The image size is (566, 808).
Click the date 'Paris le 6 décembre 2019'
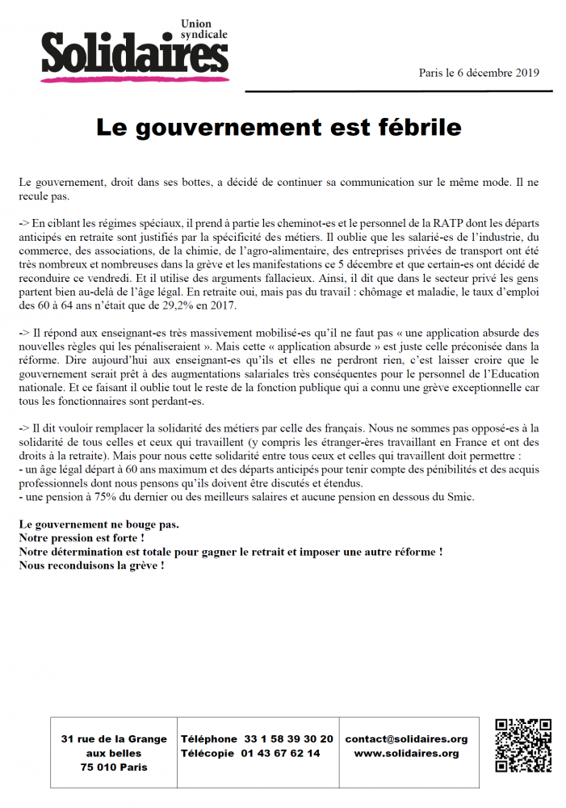479,73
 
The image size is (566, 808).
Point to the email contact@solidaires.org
406,739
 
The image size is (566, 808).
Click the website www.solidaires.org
406,753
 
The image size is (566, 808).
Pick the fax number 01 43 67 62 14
281,753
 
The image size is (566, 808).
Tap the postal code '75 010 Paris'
114,768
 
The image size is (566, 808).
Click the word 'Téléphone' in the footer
209,739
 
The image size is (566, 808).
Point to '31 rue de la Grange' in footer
114,739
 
